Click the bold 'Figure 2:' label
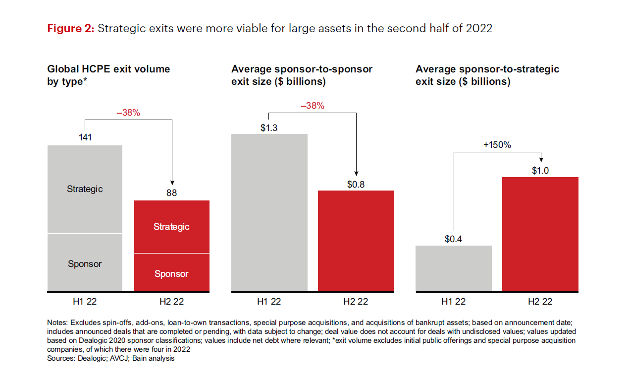coord(70,28)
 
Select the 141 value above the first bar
coord(85,137)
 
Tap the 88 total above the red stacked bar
coord(171,193)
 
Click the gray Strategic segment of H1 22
coord(85,189)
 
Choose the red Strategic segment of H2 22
coord(171,227)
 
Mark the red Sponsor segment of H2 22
coord(171,273)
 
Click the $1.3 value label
coord(269,128)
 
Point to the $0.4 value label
coord(453,239)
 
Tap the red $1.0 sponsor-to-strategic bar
coord(540,233)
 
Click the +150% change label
coord(497,145)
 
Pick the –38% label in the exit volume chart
coord(128,113)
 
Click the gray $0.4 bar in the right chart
coord(453,268)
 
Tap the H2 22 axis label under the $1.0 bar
coord(540,301)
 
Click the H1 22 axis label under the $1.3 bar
coord(269,301)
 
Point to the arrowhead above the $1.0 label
coord(541,159)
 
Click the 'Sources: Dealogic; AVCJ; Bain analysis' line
coord(110,358)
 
